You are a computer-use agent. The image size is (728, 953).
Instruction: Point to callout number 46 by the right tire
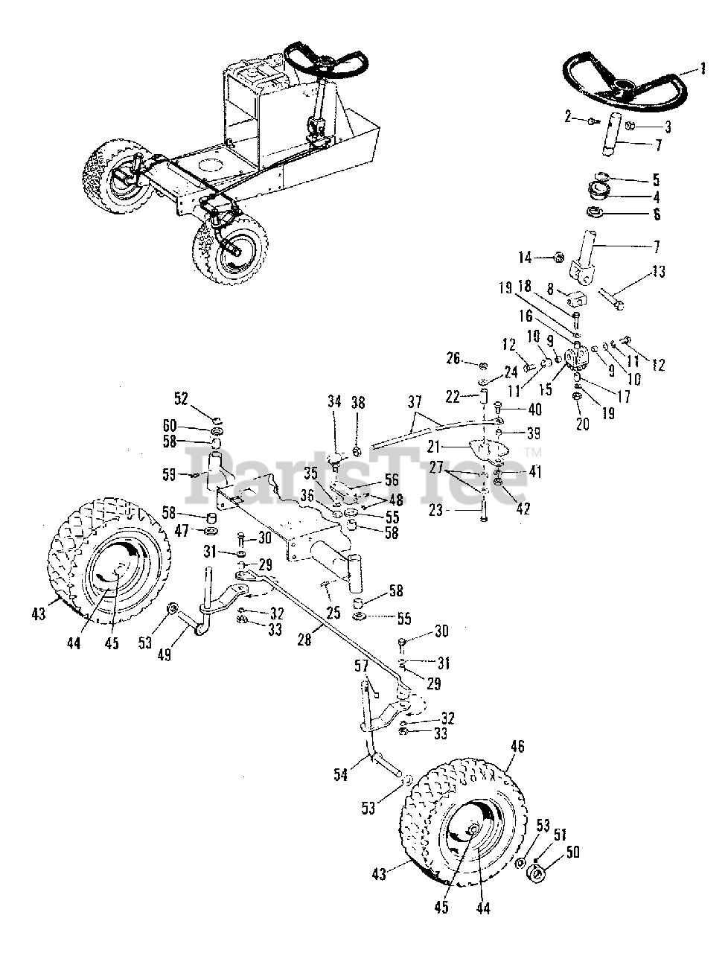(517, 744)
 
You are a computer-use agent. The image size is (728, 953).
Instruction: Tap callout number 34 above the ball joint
(333, 402)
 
